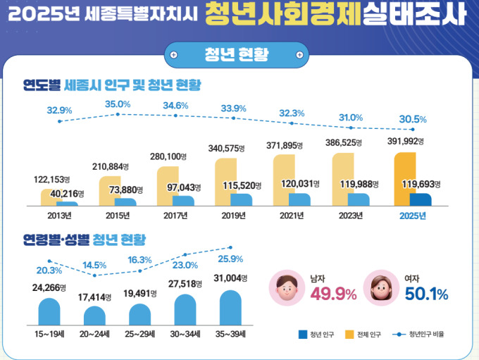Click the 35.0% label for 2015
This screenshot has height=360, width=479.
click(x=118, y=104)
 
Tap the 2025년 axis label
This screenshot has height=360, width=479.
click(x=412, y=216)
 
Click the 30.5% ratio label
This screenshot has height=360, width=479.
click(x=412, y=118)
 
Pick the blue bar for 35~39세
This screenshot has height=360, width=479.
click(x=235, y=306)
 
